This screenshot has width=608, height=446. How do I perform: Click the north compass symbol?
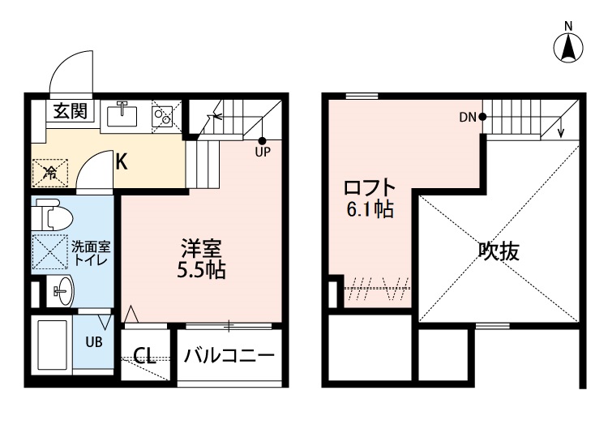pyautogui.click(x=569, y=47)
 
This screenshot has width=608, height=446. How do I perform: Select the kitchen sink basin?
pyautogui.click(x=124, y=116)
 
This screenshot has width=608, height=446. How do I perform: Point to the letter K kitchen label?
pyautogui.click(x=120, y=161)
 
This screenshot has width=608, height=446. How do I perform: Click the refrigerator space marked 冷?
pyautogui.click(x=49, y=171)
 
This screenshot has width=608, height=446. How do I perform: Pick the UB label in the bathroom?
pyautogui.click(x=95, y=341)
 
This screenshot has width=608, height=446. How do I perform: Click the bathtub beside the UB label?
pyautogui.click(x=54, y=345)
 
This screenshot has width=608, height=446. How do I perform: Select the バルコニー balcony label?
pyautogui.click(x=229, y=355)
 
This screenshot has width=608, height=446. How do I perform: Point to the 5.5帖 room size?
pyautogui.click(x=202, y=272)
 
